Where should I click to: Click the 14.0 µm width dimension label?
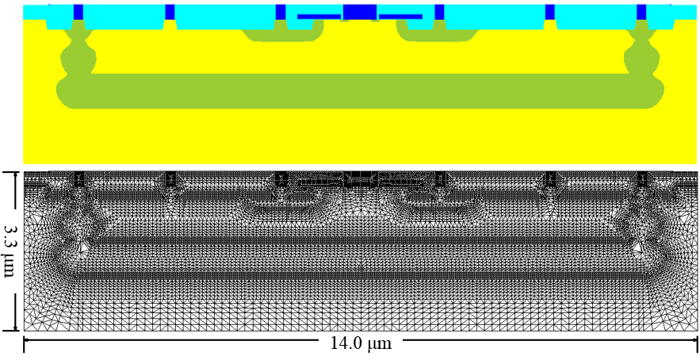point(361,343)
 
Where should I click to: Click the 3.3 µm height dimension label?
point(10,251)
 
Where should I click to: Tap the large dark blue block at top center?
point(360,12)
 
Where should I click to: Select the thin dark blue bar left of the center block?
point(319,17)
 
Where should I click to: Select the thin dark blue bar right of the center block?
point(400,17)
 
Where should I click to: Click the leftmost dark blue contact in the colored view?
point(78,12)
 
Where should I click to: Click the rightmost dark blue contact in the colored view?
point(641,12)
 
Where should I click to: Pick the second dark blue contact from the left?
point(170,12)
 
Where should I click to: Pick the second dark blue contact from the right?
point(549,12)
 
